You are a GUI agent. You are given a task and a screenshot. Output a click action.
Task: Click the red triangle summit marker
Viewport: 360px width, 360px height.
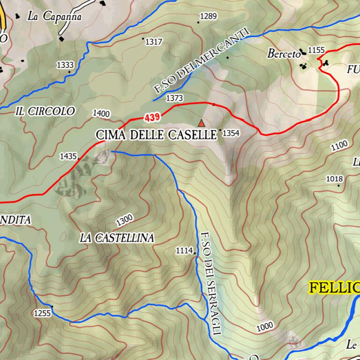(x=202, y=123)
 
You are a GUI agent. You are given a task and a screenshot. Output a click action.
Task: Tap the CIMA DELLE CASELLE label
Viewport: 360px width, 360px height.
(x=157, y=135)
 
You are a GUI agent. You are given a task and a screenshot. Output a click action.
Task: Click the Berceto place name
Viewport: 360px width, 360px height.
(x=283, y=54)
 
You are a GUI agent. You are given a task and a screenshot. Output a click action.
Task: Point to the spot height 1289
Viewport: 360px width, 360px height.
(x=208, y=17)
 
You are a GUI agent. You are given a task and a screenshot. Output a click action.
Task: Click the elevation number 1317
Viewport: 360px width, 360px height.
(x=153, y=42)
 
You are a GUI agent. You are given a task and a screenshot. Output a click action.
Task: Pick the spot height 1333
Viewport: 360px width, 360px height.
(x=65, y=65)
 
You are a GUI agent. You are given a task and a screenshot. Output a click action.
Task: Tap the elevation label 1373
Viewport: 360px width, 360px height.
(x=174, y=98)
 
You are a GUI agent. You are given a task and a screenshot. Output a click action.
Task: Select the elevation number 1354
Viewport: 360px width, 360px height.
(x=231, y=134)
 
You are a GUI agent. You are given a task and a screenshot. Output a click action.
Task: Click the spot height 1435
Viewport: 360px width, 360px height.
(x=68, y=156)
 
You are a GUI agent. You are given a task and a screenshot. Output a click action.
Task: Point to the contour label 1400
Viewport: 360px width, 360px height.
(x=101, y=113)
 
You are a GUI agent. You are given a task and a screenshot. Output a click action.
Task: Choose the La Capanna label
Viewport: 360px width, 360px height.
(x=54, y=16)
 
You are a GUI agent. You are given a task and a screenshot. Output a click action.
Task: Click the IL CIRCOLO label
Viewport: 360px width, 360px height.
(x=45, y=112)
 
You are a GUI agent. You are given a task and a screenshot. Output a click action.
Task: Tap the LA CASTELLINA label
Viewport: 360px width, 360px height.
(x=117, y=238)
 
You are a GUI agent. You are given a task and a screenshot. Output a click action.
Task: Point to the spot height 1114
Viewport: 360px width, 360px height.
(x=184, y=251)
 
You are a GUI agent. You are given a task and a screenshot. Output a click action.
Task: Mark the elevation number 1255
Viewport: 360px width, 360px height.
(x=42, y=313)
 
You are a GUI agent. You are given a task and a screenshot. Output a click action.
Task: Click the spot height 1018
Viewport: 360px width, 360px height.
(x=335, y=179)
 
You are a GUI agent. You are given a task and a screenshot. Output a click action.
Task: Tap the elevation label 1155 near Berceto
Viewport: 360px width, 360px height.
(x=317, y=50)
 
